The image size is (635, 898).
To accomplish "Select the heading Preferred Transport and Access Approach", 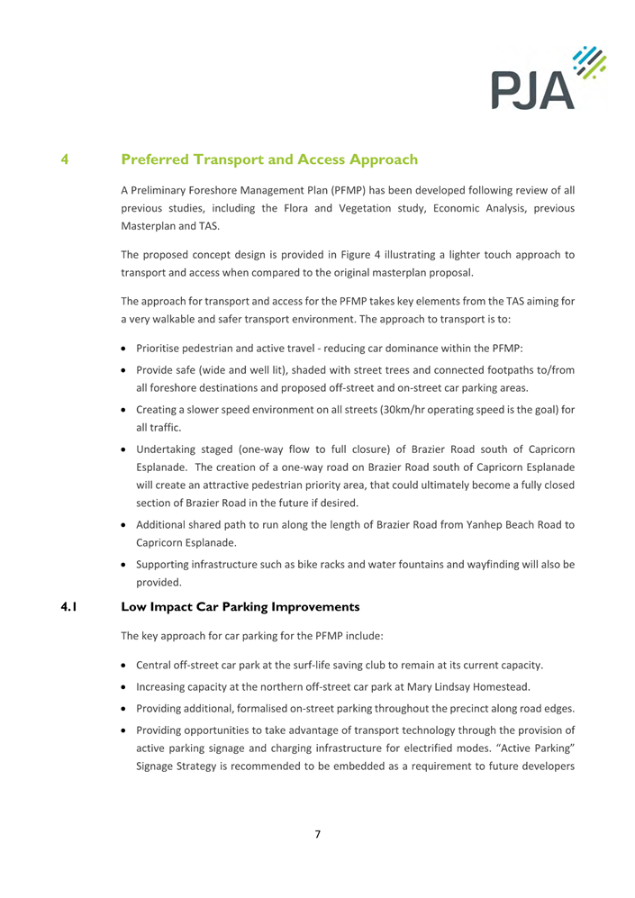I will (270, 160).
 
